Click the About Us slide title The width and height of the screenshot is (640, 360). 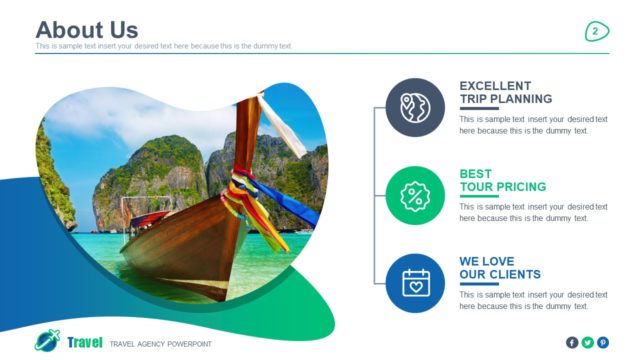tap(86, 29)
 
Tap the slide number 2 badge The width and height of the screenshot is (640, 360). tap(596, 32)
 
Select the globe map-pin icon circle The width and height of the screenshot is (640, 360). tap(415, 107)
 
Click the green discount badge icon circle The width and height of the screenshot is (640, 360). tap(415, 195)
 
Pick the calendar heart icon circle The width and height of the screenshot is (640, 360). tap(415, 283)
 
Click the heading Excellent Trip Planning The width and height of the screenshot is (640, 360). tap(505, 92)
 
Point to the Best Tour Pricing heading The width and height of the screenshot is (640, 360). tap(502, 180)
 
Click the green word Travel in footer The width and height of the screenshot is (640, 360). tap(85, 343)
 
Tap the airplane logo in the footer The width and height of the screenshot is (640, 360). tap(47, 341)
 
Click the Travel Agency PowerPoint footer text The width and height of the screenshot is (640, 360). tap(160, 344)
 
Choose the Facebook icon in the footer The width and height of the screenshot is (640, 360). tap(572, 342)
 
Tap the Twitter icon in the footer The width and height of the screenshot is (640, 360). tap(587, 342)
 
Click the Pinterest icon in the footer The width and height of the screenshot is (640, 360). tap(602, 342)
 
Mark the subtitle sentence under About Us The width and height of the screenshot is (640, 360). tap(164, 47)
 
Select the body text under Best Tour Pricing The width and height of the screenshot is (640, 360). tap(533, 212)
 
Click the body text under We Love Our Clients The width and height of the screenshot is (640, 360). tap(533, 300)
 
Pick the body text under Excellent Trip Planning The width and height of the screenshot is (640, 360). tap(533, 124)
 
